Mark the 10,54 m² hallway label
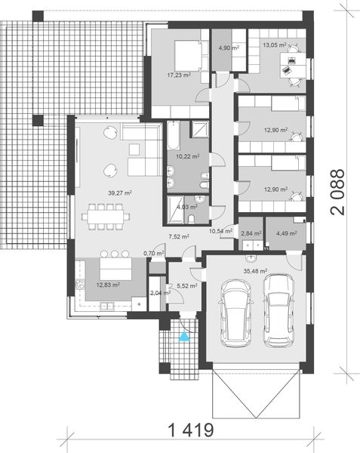tap(220, 231)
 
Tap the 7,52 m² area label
tap(179, 236)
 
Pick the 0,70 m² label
tap(154, 254)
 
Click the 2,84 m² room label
tap(251, 233)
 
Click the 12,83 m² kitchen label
tap(108, 285)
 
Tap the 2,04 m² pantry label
tap(157, 292)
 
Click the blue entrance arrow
tap(182, 337)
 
